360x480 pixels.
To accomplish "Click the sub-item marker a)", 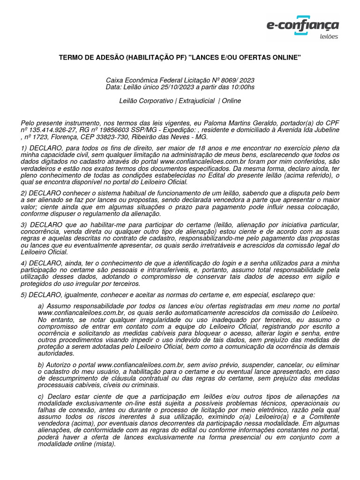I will tap(41, 306).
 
